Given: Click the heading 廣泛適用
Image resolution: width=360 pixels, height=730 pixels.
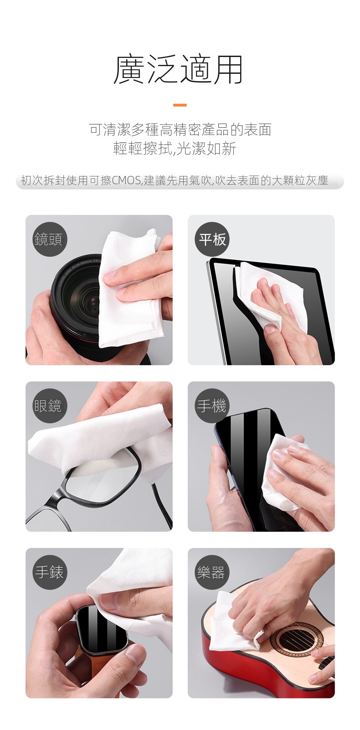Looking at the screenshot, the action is (178, 69).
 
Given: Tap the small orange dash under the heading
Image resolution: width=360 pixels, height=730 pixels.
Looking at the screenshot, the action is (180, 105).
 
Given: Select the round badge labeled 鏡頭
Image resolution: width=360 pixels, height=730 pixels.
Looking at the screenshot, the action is (50, 239).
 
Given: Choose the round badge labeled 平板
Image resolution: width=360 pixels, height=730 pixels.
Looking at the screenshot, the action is (212, 239).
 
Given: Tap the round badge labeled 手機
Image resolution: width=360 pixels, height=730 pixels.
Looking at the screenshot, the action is (212, 406).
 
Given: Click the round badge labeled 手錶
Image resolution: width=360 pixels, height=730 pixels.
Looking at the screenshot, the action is (50, 572).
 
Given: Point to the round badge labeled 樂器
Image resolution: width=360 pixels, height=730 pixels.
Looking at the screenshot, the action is (212, 572).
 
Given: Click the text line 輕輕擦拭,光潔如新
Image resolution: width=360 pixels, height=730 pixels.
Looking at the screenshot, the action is (175, 149).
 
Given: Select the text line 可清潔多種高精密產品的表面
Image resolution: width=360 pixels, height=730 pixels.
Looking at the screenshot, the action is (180, 129).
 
